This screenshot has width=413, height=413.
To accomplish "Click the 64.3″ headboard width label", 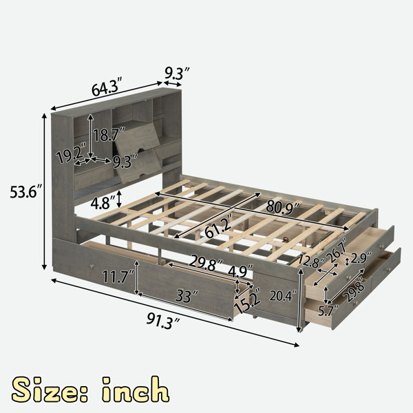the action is pos(107,87).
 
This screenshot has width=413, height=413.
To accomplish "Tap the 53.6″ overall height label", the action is pos(26,191).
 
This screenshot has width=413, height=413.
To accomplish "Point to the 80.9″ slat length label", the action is pos(284,206).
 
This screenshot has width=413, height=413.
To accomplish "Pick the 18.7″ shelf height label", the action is pos(109,135).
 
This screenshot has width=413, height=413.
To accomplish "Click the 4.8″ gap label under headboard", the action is pos(103,202).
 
